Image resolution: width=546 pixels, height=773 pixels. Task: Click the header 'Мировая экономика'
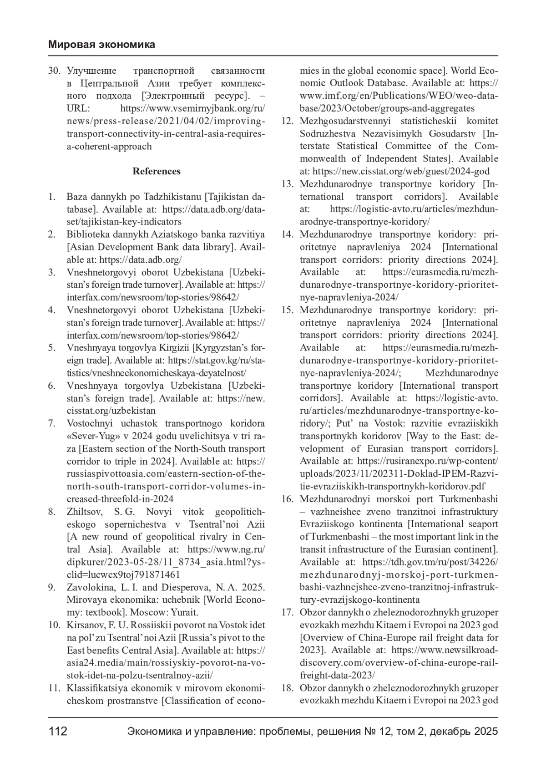tap(101, 45)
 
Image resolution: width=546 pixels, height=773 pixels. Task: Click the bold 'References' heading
tap(157, 171)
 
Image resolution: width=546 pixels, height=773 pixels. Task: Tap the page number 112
tap(58, 732)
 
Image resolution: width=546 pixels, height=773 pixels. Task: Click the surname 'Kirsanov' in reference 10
tap(86, 625)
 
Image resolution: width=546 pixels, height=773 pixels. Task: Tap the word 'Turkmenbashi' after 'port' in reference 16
tap(468, 499)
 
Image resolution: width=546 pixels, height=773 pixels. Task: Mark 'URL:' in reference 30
tap(78, 109)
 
